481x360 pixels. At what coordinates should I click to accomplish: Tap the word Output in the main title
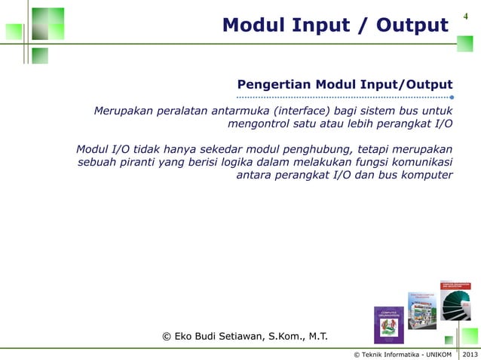point(407,26)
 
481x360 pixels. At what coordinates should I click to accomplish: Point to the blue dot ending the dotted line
point(452,97)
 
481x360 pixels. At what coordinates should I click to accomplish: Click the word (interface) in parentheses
point(302,112)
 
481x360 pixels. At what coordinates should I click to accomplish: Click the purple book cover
point(390,325)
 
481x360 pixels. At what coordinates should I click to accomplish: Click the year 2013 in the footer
point(469,354)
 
